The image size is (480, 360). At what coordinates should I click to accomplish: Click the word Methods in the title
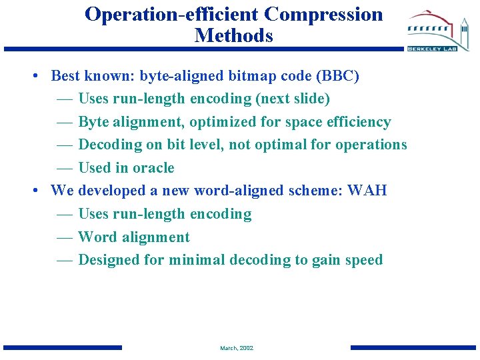click(x=233, y=35)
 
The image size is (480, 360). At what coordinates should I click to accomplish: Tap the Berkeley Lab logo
click(x=439, y=33)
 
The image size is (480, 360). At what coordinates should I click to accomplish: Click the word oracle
click(x=153, y=168)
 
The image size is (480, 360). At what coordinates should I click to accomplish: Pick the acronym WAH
click(x=367, y=191)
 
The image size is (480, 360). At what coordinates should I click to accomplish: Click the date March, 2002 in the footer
click(x=237, y=348)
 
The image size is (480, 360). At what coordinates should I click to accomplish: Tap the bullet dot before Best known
click(x=34, y=76)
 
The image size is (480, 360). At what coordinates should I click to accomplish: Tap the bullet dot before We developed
click(x=34, y=191)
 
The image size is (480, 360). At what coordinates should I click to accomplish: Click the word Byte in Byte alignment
click(x=94, y=122)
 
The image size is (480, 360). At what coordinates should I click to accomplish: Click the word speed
click(x=363, y=260)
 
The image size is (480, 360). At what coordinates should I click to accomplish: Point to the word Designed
click(x=109, y=260)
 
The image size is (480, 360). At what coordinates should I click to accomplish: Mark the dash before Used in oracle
click(x=65, y=168)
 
